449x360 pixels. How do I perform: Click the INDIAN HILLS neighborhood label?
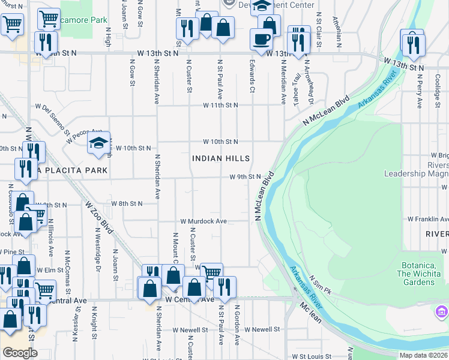(x=221, y=159)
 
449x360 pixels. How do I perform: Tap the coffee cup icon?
(x=261, y=40)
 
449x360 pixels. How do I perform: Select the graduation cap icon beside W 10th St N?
(x=98, y=143)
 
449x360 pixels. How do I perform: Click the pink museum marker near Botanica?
(x=442, y=312)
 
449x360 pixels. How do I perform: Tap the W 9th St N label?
(x=245, y=177)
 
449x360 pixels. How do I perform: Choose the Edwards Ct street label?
(x=252, y=79)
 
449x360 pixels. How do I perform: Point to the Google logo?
(x=20, y=352)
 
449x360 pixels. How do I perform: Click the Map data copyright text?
(x=423, y=355)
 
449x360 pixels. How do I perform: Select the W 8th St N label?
(x=127, y=204)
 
